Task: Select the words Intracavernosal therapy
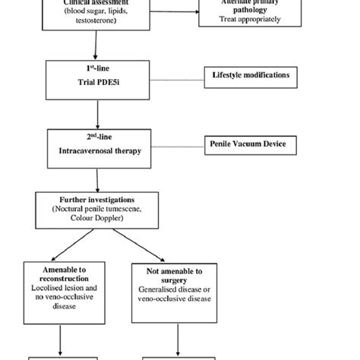[96, 150]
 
